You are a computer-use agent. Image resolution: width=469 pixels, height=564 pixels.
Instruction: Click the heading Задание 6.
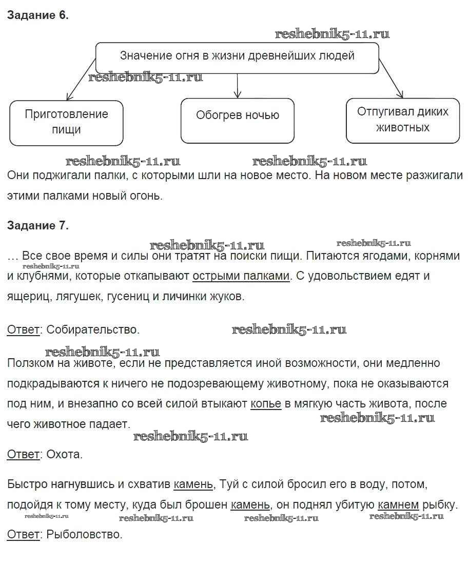[x=37, y=15]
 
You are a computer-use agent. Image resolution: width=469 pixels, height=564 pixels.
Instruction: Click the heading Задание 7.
[x=37, y=225]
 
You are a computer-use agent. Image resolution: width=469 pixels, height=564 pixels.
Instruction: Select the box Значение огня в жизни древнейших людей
[x=237, y=56]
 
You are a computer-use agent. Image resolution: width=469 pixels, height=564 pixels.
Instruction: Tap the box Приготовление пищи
[x=66, y=122]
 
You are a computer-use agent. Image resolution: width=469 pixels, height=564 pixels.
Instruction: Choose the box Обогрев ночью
[x=237, y=115]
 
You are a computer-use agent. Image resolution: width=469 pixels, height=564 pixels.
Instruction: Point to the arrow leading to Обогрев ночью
[x=237, y=85]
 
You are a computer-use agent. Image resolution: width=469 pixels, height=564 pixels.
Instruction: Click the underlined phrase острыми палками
[x=241, y=276]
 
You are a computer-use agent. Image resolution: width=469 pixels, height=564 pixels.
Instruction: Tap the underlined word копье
[x=266, y=404]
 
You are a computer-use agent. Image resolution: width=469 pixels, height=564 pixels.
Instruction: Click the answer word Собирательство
[x=93, y=329]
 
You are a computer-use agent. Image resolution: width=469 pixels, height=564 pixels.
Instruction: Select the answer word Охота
[x=64, y=454]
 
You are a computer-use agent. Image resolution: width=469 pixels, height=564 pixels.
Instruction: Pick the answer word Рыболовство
[x=85, y=535]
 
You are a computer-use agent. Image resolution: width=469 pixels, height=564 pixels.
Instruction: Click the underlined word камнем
[x=398, y=504]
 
